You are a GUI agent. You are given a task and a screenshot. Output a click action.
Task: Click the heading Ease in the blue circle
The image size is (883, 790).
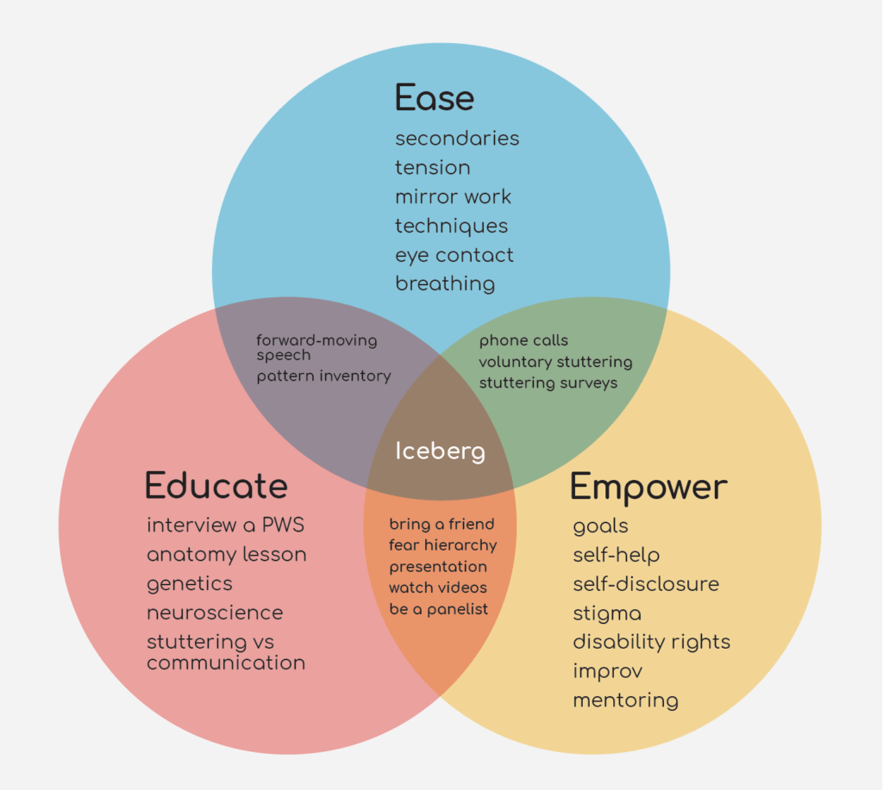pyautogui.click(x=435, y=97)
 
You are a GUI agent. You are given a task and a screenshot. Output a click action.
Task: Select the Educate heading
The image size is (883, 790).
pyautogui.click(x=216, y=486)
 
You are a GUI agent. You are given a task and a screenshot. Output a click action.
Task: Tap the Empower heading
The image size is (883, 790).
pyautogui.click(x=648, y=488)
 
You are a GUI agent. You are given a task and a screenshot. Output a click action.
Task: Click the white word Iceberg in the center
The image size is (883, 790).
pyautogui.click(x=440, y=451)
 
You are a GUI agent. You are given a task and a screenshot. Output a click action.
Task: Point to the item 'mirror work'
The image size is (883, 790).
pyautogui.click(x=454, y=197)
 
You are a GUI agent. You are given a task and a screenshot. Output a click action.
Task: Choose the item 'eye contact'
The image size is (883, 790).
pyautogui.click(x=454, y=256)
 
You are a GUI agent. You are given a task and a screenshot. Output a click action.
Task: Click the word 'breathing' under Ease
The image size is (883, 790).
pyautogui.click(x=445, y=283)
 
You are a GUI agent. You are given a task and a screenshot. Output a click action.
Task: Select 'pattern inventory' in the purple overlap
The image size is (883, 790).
pyautogui.click(x=324, y=376)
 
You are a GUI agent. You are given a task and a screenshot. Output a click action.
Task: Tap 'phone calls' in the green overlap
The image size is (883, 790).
pyautogui.click(x=523, y=340)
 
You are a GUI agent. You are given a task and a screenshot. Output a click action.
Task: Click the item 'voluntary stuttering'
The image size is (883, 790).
pyautogui.click(x=556, y=362)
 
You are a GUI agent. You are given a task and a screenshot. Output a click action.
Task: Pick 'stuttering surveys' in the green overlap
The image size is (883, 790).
pyautogui.click(x=548, y=383)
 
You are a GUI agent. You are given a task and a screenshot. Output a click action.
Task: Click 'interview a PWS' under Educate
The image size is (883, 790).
pyautogui.click(x=225, y=525)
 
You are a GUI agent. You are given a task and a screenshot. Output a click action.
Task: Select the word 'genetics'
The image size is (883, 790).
pyautogui.click(x=190, y=584)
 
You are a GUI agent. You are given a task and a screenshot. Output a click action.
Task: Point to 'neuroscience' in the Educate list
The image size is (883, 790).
pyautogui.click(x=215, y=613)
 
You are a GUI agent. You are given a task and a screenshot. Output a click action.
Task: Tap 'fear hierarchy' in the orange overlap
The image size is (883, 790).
pyautogui.click(x=443, y=545)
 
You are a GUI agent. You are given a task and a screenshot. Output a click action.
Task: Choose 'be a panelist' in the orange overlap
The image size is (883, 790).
pyautogui.click(x=439, y=609)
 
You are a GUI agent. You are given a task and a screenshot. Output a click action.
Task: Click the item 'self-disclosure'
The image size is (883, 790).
pyautogui.click(x=646, y=584)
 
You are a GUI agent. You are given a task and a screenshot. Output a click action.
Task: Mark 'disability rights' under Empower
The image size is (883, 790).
pyautogui.click(x=652, y=642)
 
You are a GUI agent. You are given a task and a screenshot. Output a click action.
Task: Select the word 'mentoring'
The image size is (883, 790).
pyautogui.click(x=626, y=700)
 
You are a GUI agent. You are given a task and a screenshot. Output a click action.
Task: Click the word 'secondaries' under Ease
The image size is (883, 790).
pyautogui.click(x=457, y=139)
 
